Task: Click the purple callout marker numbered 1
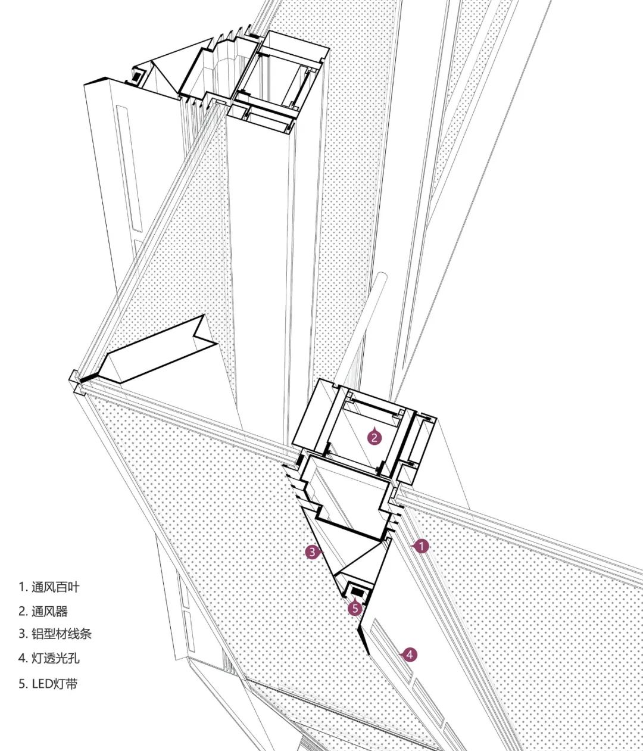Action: coord(421,546)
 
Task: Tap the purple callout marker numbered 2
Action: coord(374,438)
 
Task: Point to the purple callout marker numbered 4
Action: coord(409,655)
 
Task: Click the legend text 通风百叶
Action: coord(55,587)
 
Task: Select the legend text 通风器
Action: coord(49,611)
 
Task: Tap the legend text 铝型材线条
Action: coord(61,634)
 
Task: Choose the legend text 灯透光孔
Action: coord(55,658)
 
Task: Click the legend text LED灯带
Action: coord(55,683)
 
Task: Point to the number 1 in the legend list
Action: coord(21,587)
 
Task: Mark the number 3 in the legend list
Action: coord(21,634)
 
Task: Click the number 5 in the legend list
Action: coord(21,683)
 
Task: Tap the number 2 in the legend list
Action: coord(21,611)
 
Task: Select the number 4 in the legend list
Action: coord(21,658)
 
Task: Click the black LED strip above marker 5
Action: coord(358,591)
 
